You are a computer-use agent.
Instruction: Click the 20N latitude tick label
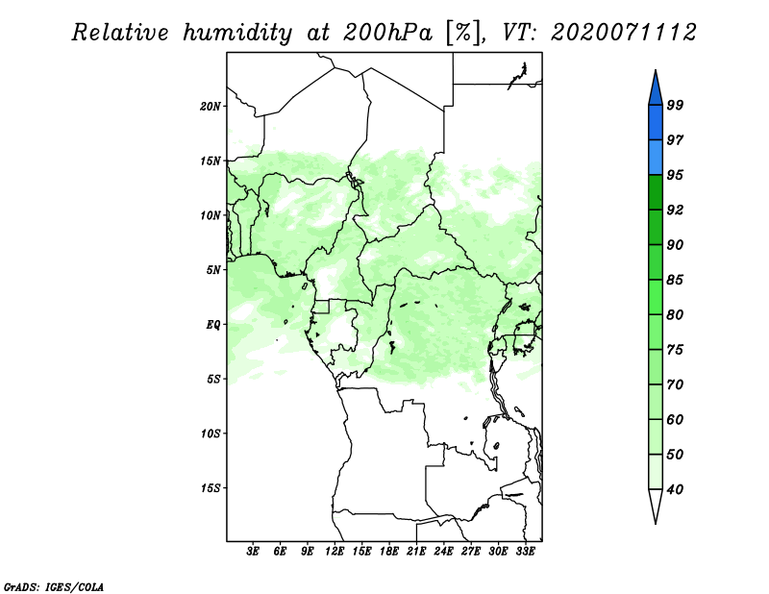pos(211,106)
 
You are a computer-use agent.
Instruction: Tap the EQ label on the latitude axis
pos(212,324)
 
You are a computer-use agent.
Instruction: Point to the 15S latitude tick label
pos(211,487)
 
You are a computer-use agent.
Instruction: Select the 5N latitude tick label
pos(213,270)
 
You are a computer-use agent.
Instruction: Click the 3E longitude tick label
pos(253,552)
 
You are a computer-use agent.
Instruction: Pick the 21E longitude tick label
pos(416,552)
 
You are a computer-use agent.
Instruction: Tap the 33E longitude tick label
pos(525,552)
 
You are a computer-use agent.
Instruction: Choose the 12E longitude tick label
pos(335,552)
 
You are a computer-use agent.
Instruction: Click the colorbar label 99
pos(675,106)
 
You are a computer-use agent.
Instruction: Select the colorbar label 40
pos(675,490)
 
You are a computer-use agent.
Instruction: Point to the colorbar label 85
pos(675,281)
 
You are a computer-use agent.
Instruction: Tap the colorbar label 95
pos(675,176)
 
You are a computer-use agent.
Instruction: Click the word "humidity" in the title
pos(237,33)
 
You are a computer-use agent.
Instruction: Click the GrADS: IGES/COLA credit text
pos(53,585)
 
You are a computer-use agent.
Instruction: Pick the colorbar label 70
pos(675,385)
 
